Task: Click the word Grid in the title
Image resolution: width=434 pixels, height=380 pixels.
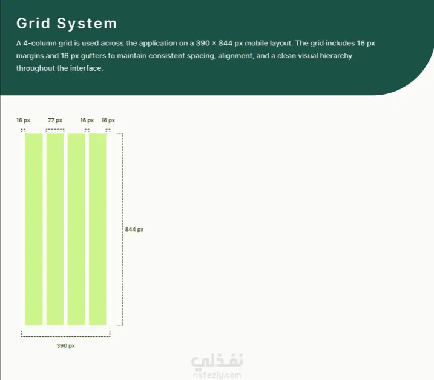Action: tap(33, 23)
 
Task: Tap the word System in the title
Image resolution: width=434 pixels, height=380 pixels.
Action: tap(87, 24)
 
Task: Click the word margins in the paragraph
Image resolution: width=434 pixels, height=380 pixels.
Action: tap(30, 56)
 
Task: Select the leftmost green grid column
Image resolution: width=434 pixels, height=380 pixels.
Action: tap(34, 229)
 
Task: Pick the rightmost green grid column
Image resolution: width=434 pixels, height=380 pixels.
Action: tap(97, 229)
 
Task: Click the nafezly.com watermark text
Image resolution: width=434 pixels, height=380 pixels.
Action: tap(217, 375)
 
